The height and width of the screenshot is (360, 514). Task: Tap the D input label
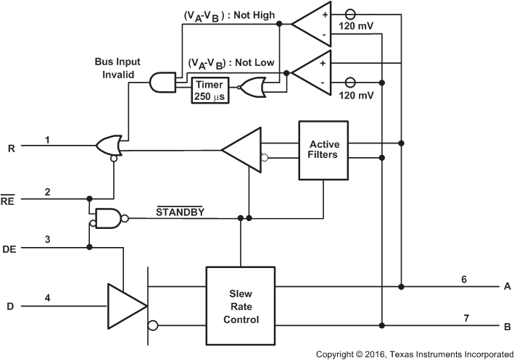pyautogui.click(x=10, y=306)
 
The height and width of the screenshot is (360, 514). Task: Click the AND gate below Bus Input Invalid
pyautogui.click(x=162, y=83)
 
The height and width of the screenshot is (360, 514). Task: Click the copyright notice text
pyautogui.click(x=414, y=353)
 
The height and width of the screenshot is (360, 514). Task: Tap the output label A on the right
pyautogui.click(x=507, y=286)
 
